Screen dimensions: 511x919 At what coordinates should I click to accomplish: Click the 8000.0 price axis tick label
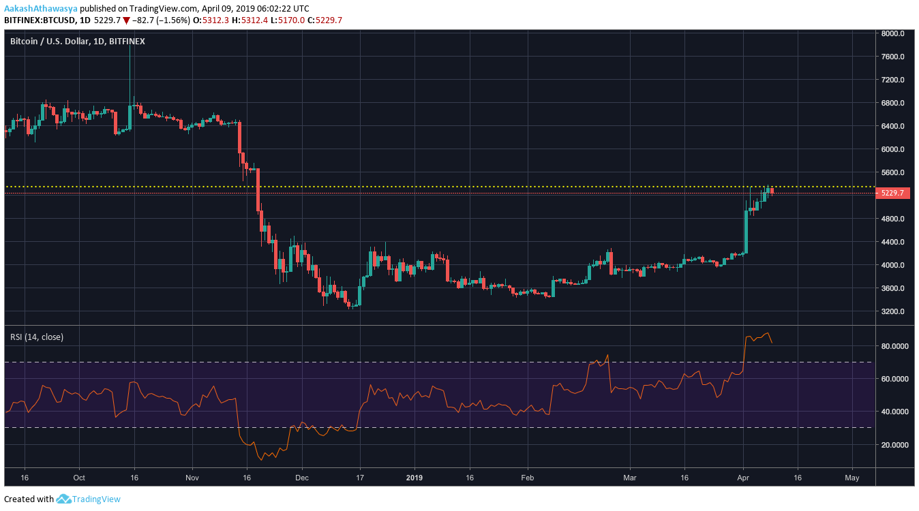[x=892, y=33]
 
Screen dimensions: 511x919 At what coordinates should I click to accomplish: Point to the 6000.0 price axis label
[x=892, y=149]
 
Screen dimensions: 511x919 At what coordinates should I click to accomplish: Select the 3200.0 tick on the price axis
[x=892, y=311]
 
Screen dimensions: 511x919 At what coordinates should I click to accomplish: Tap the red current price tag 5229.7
[x=892, y=193]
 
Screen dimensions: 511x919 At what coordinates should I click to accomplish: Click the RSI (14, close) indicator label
[x=36, y=337]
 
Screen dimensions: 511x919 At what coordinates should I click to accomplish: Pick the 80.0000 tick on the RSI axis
[x=894, y=346]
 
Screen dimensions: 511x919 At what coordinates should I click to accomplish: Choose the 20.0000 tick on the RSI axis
[x=894, y=445]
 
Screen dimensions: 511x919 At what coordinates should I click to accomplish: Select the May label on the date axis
[x=852, y=478]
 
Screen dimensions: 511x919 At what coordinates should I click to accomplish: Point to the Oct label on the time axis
[x=78, y=478]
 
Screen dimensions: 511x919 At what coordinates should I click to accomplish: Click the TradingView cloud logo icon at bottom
[x=63, y=499]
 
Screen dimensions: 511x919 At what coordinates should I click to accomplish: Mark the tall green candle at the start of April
[x=746, y=232]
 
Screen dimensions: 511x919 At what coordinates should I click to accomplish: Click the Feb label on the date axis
[x=526, y=478]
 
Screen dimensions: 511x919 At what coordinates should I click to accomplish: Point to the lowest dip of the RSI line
[x=260, y=460]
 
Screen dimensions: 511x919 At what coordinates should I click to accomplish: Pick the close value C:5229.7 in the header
[x=325, y=20]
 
